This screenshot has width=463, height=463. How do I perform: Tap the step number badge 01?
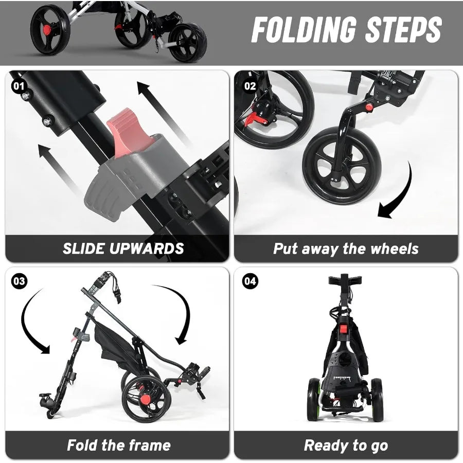click(x=19, y=85)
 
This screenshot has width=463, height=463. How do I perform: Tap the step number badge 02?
click(x=250, y=85)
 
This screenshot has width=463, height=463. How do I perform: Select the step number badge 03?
click(x=19, y=281)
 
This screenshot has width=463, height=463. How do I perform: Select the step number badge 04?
click(x=250, y=281)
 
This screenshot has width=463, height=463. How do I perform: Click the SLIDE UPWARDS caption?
click(x=123, y=248)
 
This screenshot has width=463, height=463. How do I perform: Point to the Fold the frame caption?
click(x=118, y=445)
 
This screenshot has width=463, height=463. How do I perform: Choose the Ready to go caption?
click(x=346, y=445)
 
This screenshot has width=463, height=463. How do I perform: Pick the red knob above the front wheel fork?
click(x=368, y=107)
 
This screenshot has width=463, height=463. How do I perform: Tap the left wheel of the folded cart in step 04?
click(x=313, y=400)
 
